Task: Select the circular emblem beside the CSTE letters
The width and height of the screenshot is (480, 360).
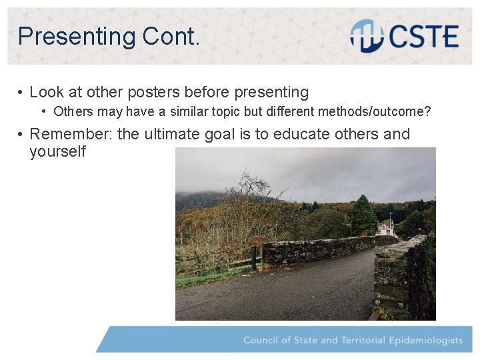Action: [365, 36]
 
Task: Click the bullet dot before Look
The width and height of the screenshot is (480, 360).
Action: [21, 93]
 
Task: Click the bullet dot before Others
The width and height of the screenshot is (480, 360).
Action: [44, 111]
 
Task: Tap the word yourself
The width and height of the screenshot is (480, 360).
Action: [57, 152]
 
